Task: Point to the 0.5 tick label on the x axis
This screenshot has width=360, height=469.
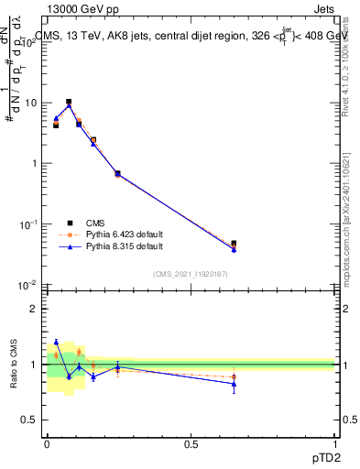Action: pos(191,444)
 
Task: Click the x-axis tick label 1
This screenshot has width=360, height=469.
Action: pos(335,444)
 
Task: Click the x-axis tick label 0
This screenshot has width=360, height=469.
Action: pos(48,444)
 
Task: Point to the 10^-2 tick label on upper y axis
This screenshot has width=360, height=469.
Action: pos(30,285)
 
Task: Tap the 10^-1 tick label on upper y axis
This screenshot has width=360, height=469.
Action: pos(30,224)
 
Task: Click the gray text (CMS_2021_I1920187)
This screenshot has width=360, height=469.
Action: pos(191,273)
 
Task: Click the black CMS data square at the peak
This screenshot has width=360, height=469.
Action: pos(69,102)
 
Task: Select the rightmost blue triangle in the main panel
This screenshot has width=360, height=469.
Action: pos(234,249)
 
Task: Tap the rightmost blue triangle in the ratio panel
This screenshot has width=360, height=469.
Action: pos(234,384)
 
